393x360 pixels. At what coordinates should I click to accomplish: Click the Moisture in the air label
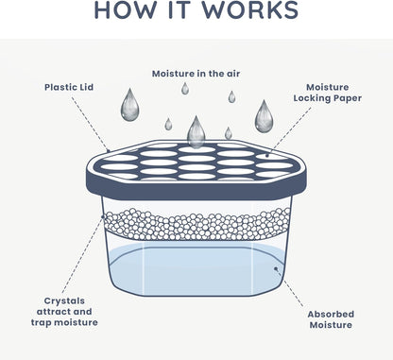pyautogui.click(x=196, y=73)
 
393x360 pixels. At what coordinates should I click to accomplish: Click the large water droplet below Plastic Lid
pyautogui.click(x=129, y=104)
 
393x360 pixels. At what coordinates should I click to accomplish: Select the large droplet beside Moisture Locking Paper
pyautogui.click(x=265, y=116)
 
